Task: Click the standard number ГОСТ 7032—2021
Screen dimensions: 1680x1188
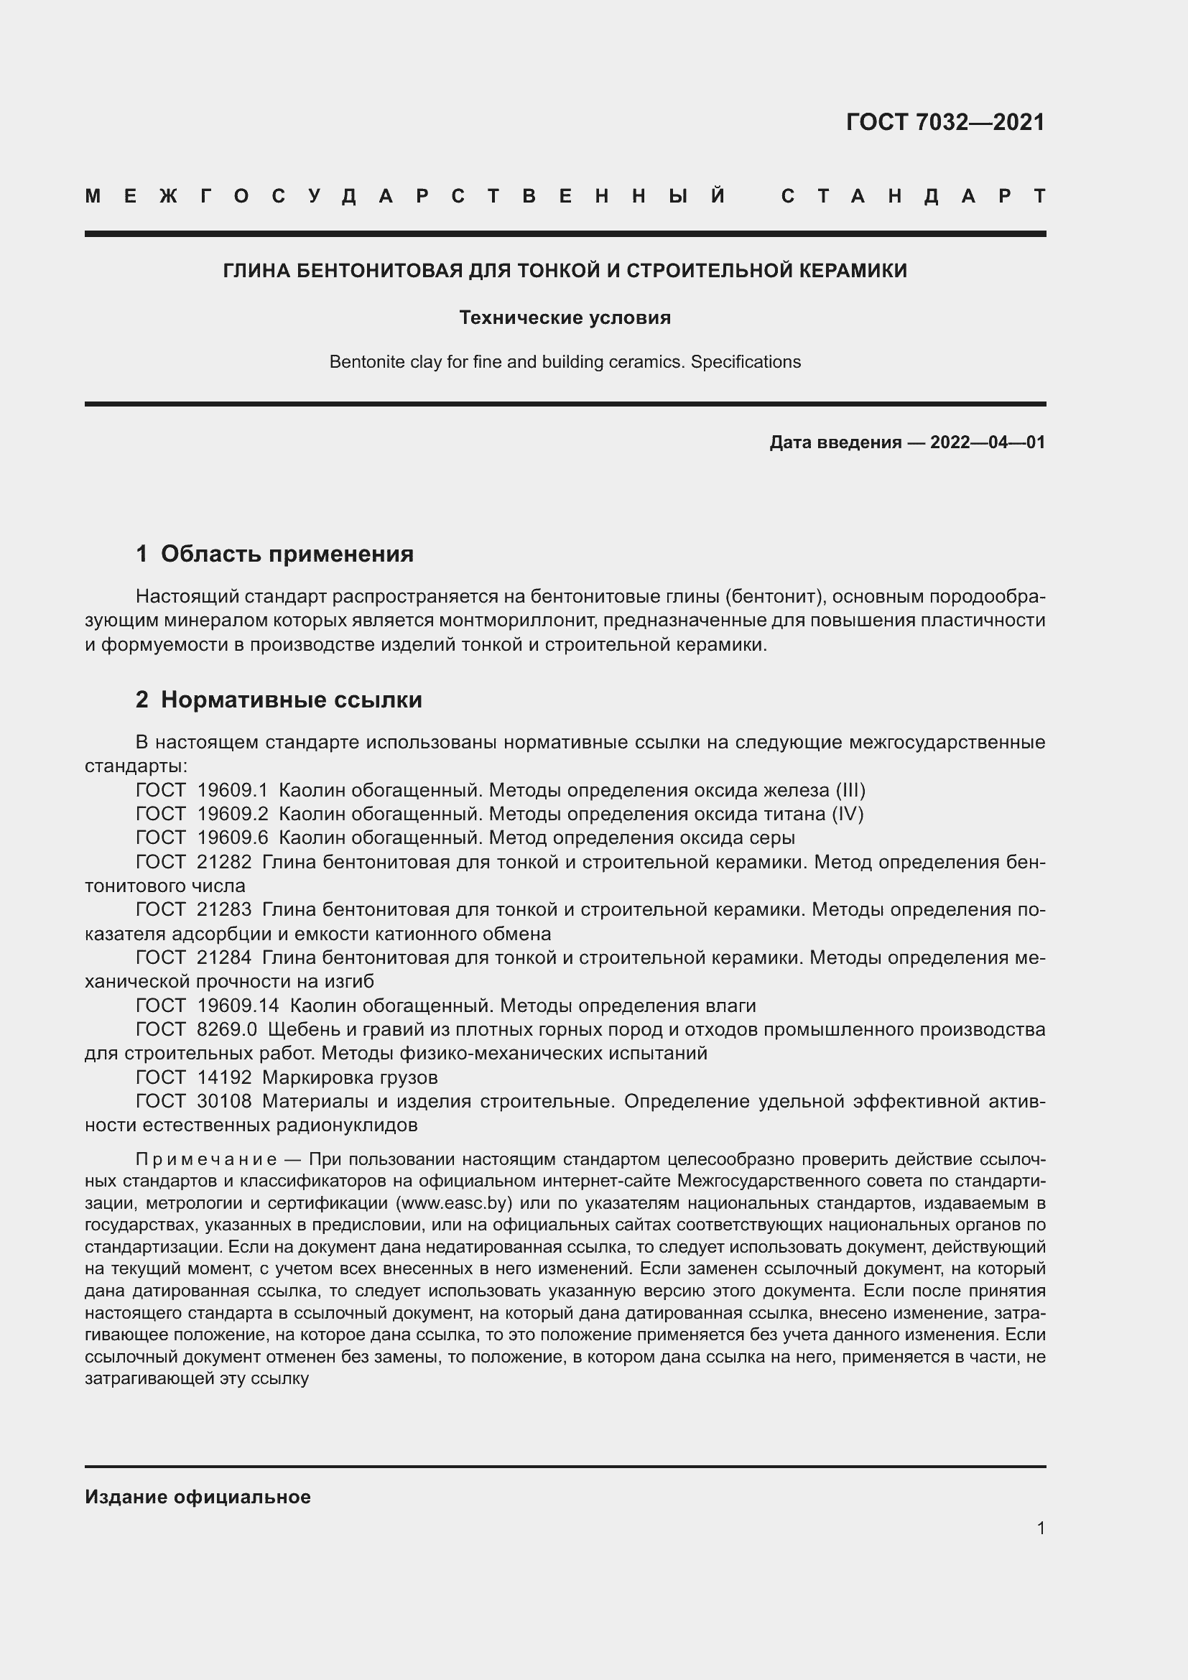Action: tap(945, 122)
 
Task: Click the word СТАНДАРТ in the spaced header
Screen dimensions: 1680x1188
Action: tap(912, 196)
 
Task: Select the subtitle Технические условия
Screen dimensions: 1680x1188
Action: tap(565, 317)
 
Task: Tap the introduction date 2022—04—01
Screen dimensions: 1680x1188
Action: tap(987, 442)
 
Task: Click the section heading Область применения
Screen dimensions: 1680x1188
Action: tap(287, 554)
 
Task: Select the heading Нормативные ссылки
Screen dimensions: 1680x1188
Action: tap(291, 700)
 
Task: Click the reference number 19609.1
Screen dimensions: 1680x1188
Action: tap(233, 790)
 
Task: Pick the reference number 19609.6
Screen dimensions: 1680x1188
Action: tap(233, 837)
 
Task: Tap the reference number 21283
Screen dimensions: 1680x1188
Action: tap(224, 909)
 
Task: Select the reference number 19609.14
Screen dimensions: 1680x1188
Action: tap(238, 1006)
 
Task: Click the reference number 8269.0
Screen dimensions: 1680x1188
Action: tap(227, 1030)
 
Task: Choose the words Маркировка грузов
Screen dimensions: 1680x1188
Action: tap(350, 1078)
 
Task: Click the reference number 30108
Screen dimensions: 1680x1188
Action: tap(224, 1101)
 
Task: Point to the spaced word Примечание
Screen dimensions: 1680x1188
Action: tap(206, 1160)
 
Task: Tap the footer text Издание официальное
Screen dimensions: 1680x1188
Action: tap(198, 1497)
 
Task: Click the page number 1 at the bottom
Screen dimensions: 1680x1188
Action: tap(1040, 1528)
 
